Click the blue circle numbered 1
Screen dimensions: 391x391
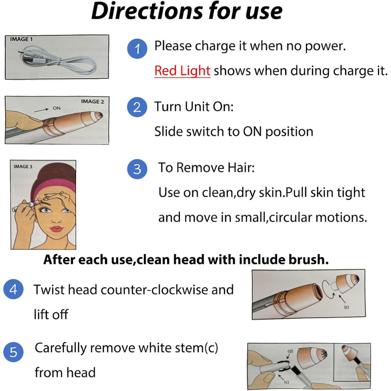[137, 49]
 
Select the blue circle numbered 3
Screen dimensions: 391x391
[137, 169]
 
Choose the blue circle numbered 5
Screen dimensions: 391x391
[13, 352]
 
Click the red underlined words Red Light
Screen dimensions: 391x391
[182, 71]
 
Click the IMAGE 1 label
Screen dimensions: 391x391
[22, 39]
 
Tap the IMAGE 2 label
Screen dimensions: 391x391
[92, 102]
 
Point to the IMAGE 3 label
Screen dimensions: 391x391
[23, 167]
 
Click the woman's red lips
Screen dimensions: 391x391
[57, 229]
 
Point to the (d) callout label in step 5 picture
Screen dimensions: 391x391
[290, 351]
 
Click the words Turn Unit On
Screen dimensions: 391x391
[194, 107]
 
